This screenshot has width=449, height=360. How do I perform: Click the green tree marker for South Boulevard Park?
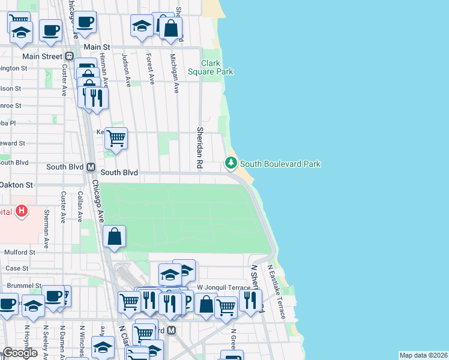click(231, 163)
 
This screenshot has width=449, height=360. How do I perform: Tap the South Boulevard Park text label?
click(280, 164)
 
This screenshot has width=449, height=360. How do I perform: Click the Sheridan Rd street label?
click(199, 147)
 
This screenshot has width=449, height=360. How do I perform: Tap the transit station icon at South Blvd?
click(91, 167)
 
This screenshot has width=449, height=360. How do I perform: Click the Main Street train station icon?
click(69, 56)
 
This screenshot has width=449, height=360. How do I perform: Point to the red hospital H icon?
click(22, 211)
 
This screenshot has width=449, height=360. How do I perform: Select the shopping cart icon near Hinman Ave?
click(115, 137)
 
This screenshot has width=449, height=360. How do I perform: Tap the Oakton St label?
click(17, 185)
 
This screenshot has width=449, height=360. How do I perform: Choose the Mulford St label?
click(20, 253)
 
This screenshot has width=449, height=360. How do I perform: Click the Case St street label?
click(17, 268)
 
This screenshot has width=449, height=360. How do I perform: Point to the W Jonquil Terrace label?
click(223, 288)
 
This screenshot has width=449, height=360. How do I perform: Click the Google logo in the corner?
click(20, 353)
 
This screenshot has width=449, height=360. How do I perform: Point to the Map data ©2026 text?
click(423, 355)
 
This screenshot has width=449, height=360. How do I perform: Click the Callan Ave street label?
click(80, 208)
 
